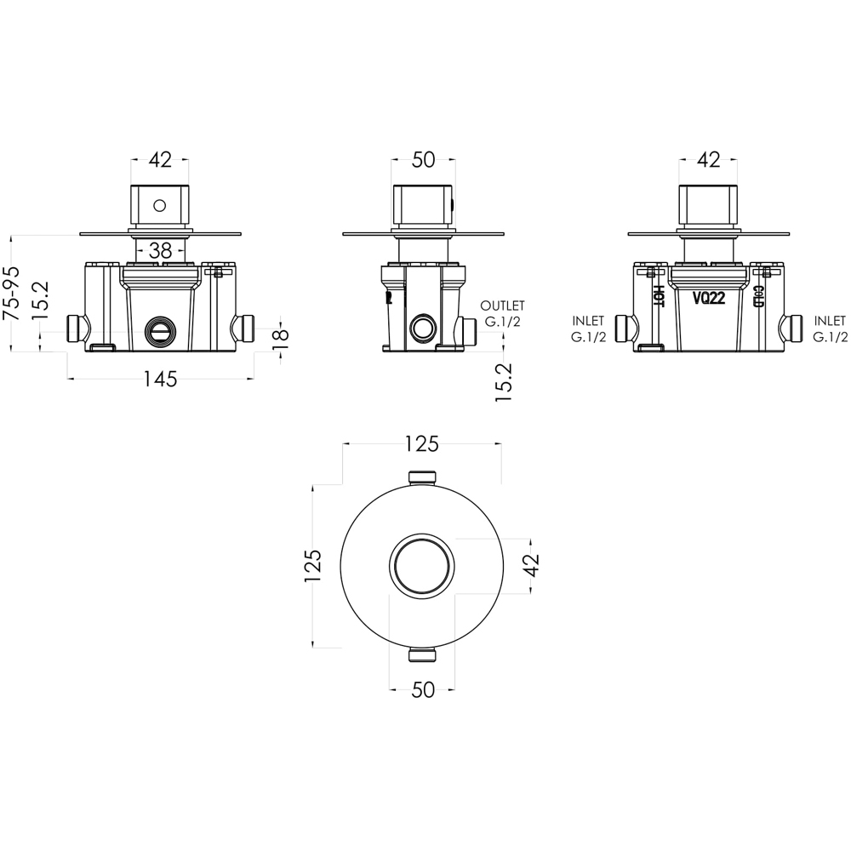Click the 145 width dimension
coord(160,380)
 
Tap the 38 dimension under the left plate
coord(160,250)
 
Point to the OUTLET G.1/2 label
coord(502,313)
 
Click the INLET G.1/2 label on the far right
coord(830,329)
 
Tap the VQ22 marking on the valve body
coord(708,298)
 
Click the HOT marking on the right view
coord(659,294)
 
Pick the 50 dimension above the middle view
coord(423,159)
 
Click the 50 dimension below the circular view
coord(423,690)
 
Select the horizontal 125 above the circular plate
coord(421,443)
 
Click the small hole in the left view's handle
coord(158,204)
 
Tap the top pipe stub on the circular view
coord(423,477)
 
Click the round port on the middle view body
coord(421,328)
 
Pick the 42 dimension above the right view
coord(708,159)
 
